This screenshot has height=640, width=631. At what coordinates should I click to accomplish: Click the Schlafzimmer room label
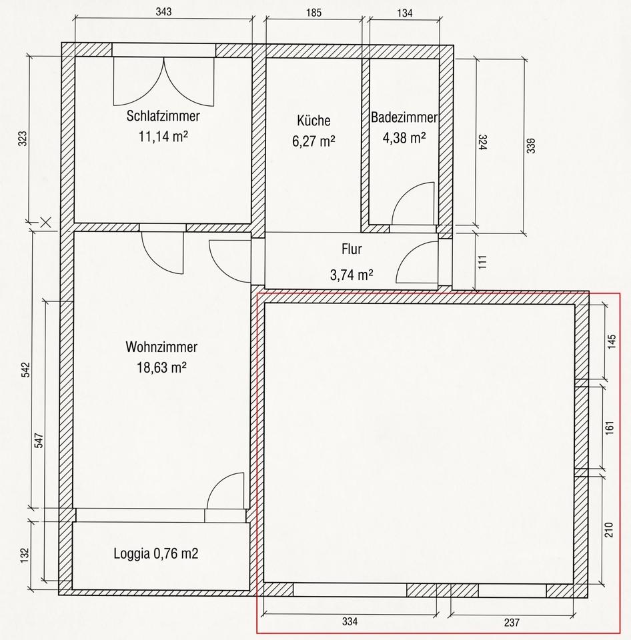[x=163, y=116]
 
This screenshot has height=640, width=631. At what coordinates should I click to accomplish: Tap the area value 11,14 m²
[x=163, y=136]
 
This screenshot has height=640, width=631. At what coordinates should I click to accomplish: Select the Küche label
[x=313, y=121]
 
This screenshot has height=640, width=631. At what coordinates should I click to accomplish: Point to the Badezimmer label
[x=404, y=117]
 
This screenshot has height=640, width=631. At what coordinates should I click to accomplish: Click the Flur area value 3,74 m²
[x=352, y=275]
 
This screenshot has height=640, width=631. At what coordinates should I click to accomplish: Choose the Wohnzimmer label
[x=161, y=347]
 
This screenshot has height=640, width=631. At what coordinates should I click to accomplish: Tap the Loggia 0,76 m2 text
[x=156, y=554]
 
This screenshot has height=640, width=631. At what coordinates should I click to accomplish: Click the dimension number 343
[x=163, y=11]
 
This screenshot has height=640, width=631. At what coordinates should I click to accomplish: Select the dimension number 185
[x=313, y=13]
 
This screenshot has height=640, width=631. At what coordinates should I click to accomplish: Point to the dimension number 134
[x=405, y=13]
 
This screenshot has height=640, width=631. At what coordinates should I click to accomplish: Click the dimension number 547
[x=39, y=441]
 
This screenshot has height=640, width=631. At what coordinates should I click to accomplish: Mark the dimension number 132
[x=25, y=555]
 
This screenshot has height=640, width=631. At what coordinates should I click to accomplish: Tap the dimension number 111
[x=482, y=262]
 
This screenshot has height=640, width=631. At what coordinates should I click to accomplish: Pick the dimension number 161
[x=610, y=428]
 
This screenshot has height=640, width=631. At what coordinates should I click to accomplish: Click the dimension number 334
[x=350, y=621]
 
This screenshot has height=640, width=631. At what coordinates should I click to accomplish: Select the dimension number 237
[x=512, y=622]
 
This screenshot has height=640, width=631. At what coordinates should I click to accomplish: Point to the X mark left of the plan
[x=45, y=223]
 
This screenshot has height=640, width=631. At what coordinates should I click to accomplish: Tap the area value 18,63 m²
[x=161, y=367]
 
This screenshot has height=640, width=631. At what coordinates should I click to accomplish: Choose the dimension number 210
[x=609, y=530]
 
